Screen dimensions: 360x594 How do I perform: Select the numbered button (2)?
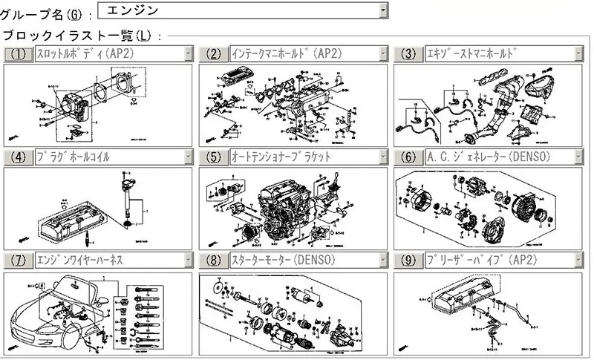[214, 53]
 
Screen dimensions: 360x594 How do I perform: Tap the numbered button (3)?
[408, 53]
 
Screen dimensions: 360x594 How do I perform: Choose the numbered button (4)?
[19, 157]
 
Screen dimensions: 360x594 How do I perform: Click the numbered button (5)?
[214, 157]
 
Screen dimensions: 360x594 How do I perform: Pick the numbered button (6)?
[408, 157]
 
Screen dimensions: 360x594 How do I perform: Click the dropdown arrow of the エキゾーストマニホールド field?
[578, 53]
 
